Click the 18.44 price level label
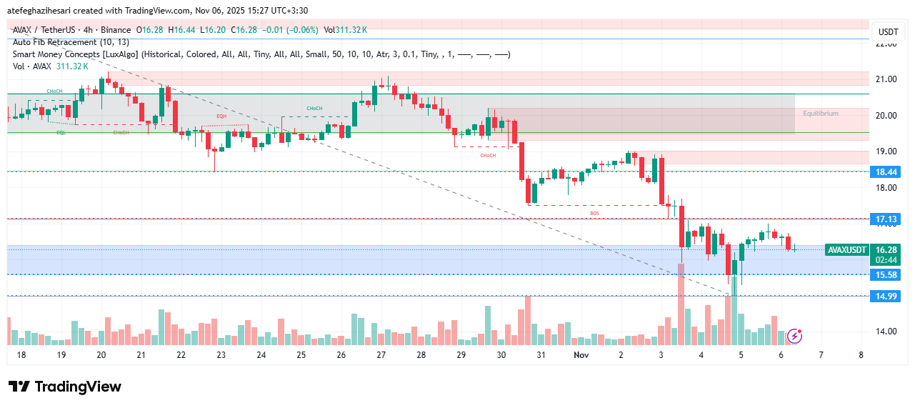pos(886,171)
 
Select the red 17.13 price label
pos(886,219)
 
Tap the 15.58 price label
pos(886,274)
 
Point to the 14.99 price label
pos(886,296)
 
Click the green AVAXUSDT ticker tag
pos(847,250)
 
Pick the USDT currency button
pos(888,32)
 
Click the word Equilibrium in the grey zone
pos(820,114)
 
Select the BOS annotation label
pos(594,213)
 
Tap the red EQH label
pos(221,116)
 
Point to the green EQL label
pos(61,133)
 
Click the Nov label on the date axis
pos(579,355)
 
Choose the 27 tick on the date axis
pos(381,355)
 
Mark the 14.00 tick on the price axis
pos(886,332)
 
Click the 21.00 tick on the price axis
pos(886,79)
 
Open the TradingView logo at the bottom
pos(65,387)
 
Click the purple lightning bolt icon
pos(794,336)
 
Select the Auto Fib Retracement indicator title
pos(71,42)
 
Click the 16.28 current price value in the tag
pos(886,250)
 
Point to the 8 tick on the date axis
pos(861,355)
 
